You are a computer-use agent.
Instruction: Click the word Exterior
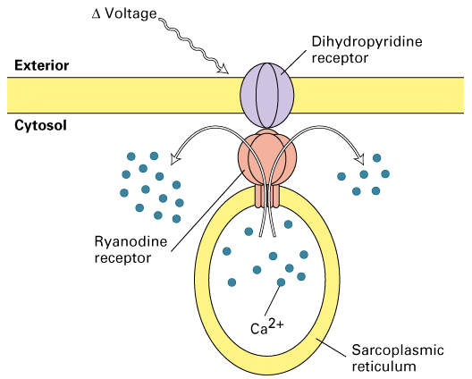point(41,65)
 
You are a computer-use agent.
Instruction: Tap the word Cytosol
point(40,125)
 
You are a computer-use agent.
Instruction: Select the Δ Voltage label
point(124,13)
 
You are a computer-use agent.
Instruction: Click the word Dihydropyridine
point(367,42)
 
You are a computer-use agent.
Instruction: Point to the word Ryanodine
point(131,242)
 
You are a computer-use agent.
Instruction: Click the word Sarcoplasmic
point(398,350)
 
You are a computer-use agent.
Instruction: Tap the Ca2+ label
point(266,327)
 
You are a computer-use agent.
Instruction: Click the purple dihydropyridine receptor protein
point(267,95)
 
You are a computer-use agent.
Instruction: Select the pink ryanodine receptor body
point(267,158)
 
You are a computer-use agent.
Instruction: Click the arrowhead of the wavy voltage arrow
point(223,69)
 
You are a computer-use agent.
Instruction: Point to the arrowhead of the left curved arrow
point(175,158)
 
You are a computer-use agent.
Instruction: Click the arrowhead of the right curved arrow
point(359,158)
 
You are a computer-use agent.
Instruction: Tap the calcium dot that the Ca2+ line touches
point(281,282)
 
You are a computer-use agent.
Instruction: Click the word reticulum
point(383,367)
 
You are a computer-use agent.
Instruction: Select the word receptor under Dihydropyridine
point(340,58)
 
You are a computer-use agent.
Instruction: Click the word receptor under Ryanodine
point(122,258)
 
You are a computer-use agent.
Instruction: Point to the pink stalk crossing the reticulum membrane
point(267,197)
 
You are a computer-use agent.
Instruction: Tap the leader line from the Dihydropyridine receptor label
point(296,62)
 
